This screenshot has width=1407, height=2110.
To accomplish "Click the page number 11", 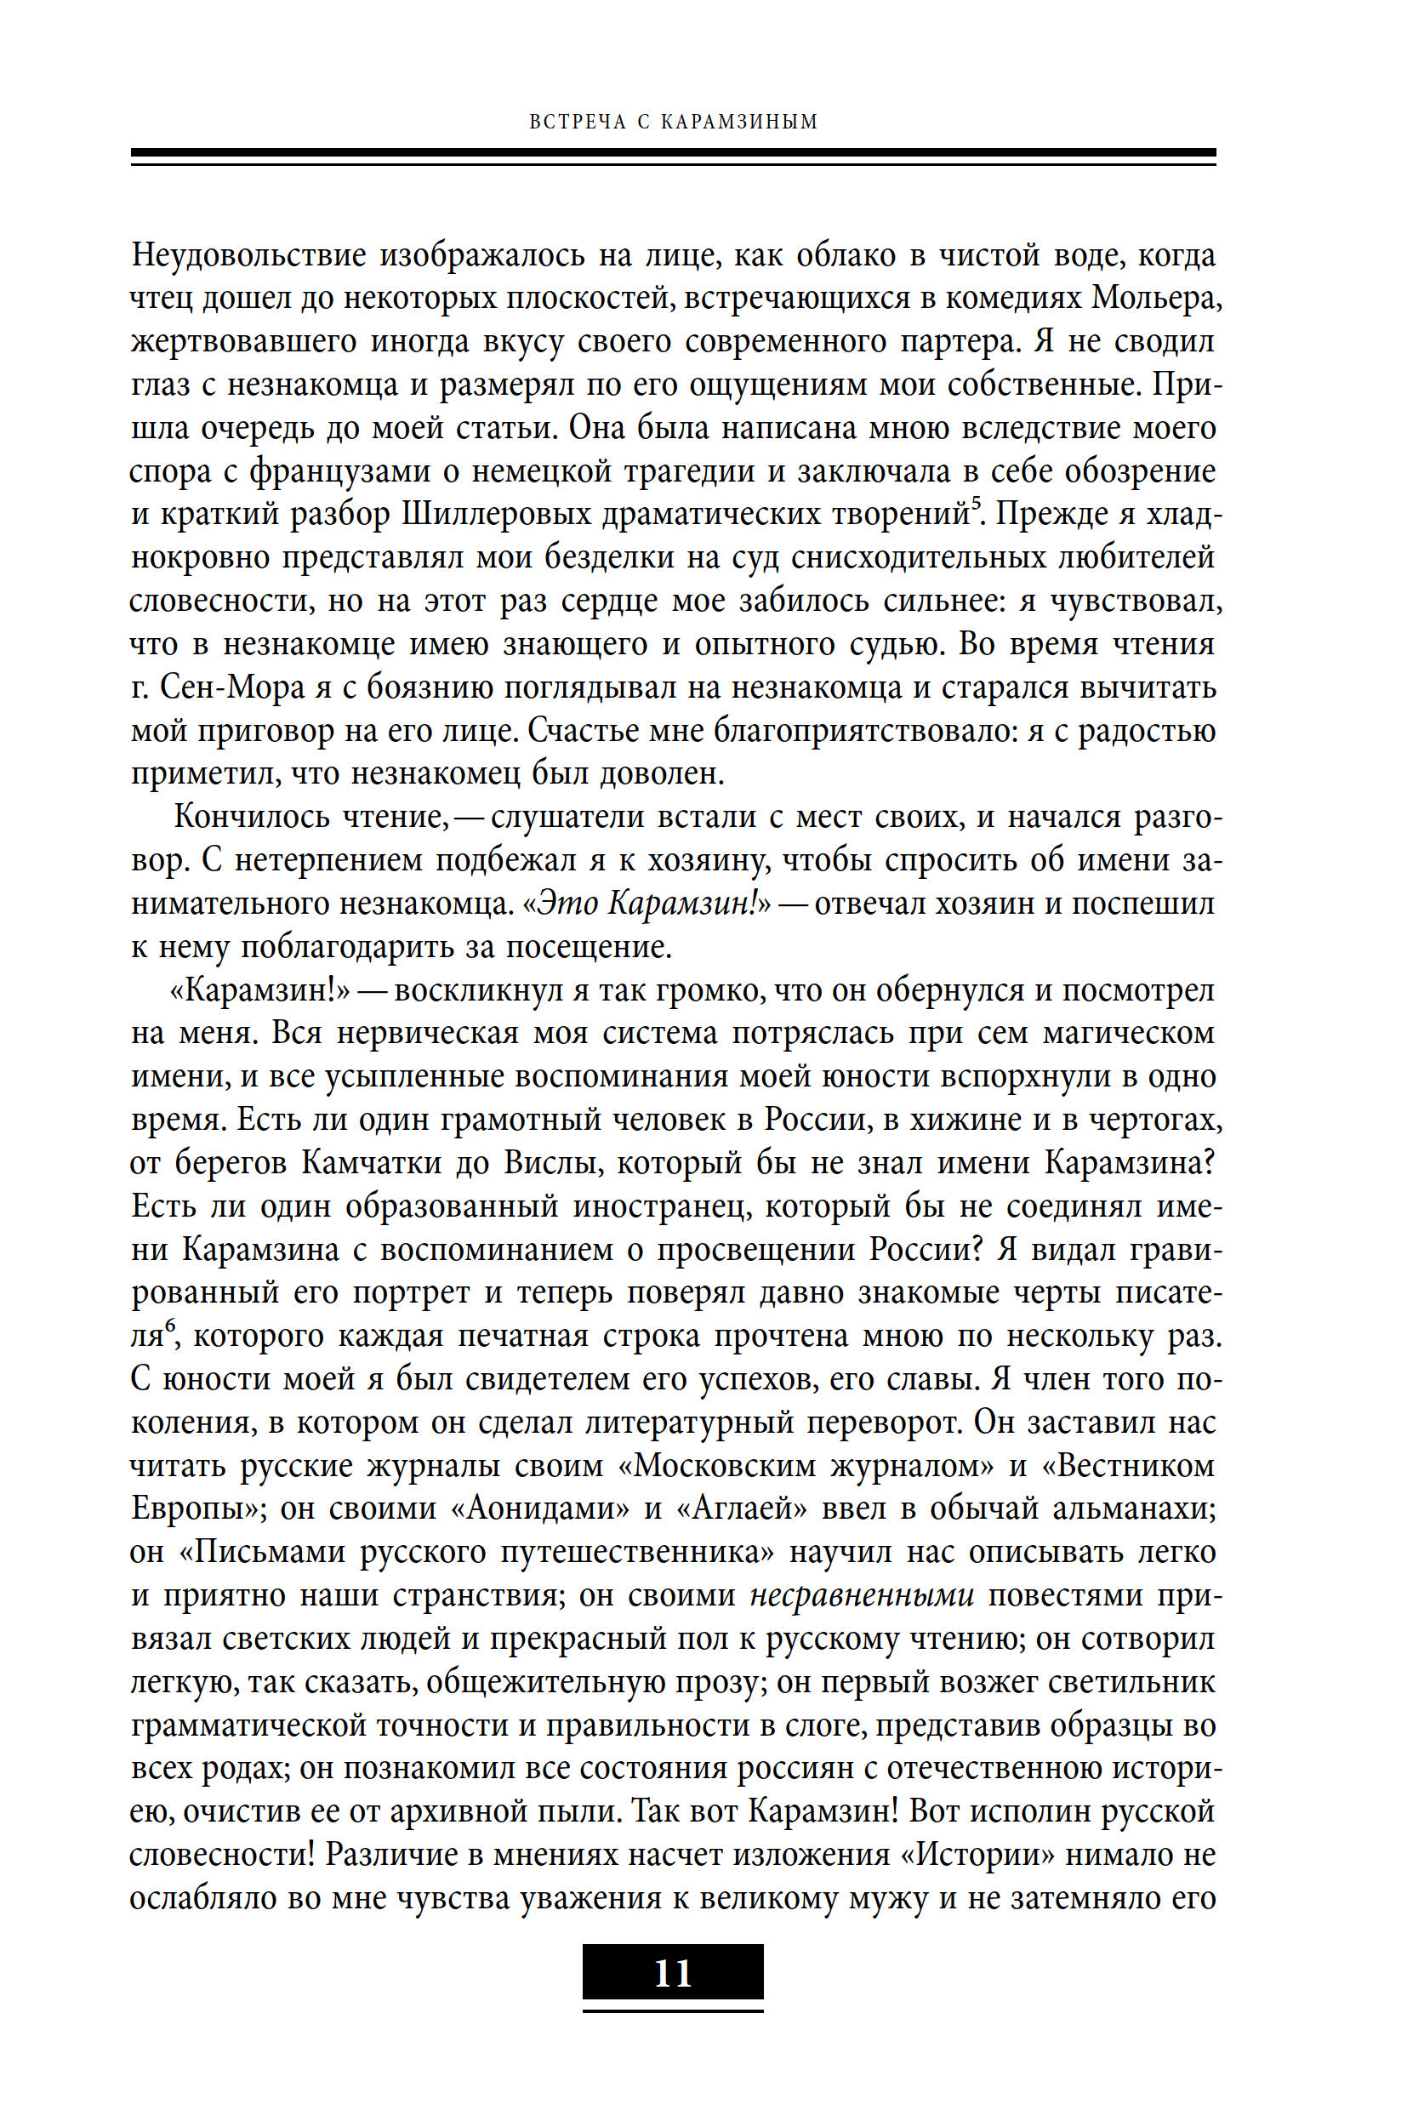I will coord(672,1973).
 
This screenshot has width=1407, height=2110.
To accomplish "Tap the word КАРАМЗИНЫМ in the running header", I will coord(739,122).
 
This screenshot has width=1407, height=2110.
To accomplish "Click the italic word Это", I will coord(567,904).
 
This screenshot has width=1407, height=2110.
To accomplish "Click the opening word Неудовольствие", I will coord(248,257).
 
